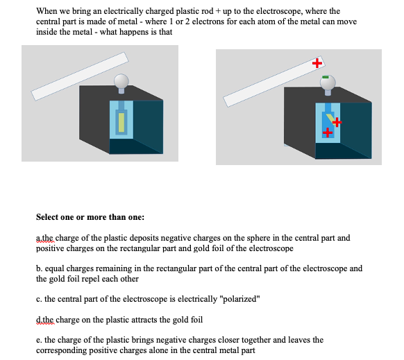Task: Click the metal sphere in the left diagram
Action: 121,80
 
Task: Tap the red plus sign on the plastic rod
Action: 317,63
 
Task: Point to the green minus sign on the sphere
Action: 325,76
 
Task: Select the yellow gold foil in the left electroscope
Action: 121,122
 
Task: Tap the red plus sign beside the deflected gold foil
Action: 337,123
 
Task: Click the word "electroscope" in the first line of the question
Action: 302,11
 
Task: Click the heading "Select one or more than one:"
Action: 90,216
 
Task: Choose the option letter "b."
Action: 40,268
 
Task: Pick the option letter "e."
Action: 40,340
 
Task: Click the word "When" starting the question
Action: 48,11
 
